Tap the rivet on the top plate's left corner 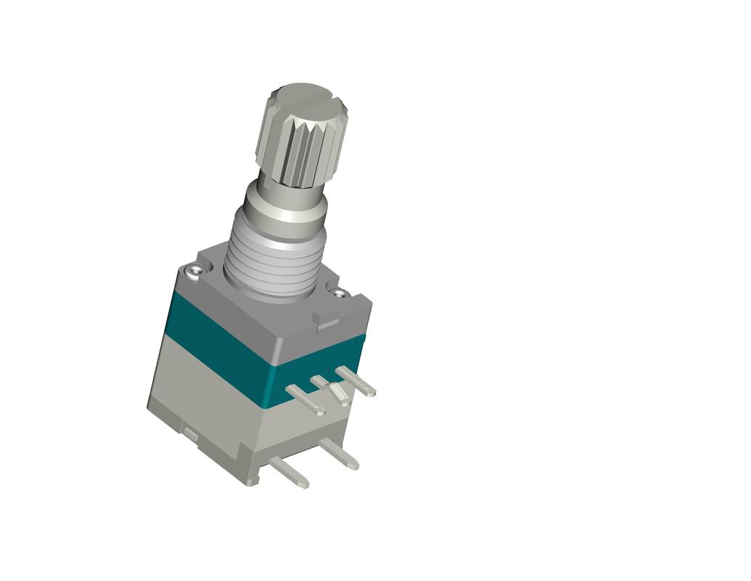(194, 271)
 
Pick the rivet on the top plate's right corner (338, 293)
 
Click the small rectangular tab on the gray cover (326, 317)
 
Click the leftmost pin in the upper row (305, 399)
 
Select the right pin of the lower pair (339, 454)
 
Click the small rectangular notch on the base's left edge (189, 434)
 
